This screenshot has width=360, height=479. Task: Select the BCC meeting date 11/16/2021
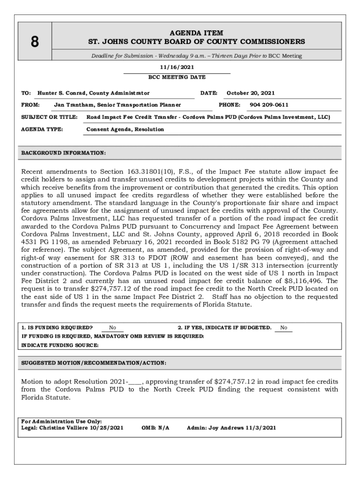click(x=177, y=68)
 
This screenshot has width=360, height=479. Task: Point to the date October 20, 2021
click(x=251, y=93)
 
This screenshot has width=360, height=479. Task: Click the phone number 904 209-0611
click(x=269, y=105)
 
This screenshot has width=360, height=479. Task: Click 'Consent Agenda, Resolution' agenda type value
click(x=125, y=129)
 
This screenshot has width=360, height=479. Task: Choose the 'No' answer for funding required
click(x=112, y=328)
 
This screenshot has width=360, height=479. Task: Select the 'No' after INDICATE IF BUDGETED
click(x=284, y=328)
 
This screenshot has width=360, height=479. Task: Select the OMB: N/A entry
click(x=155, y=428)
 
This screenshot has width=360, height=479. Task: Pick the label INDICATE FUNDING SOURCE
click(x=60, y=345)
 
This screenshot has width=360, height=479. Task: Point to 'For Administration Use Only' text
click(x=62, y=421)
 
